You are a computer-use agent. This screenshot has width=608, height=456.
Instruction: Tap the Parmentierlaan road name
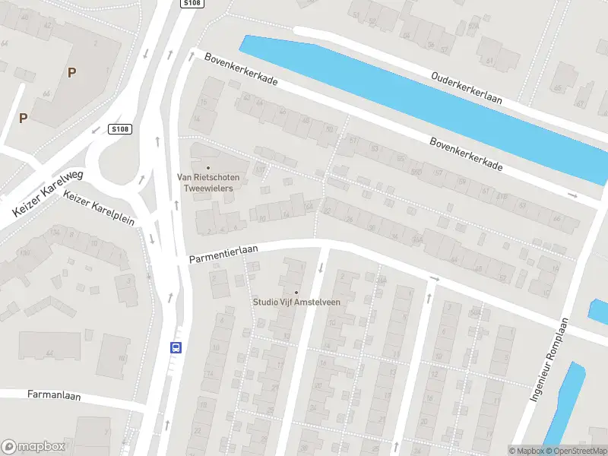[224, 254]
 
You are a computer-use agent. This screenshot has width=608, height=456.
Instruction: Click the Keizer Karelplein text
[100, 209]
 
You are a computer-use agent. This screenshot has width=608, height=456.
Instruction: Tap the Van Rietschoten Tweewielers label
[208, 182]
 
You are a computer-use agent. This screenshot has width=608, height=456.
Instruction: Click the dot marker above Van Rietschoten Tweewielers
[208, 167]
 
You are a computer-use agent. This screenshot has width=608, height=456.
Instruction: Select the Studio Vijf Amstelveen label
[296, 302]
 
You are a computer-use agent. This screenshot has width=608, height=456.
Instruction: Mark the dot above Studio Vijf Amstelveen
[296, 292]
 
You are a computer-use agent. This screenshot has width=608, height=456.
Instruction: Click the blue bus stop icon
[176, 347]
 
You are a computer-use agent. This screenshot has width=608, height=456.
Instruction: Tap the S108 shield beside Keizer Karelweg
[119, 129]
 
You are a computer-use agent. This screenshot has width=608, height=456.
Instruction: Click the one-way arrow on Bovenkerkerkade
[572, 195]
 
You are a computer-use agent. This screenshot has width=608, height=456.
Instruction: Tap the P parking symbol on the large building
[71, 73]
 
